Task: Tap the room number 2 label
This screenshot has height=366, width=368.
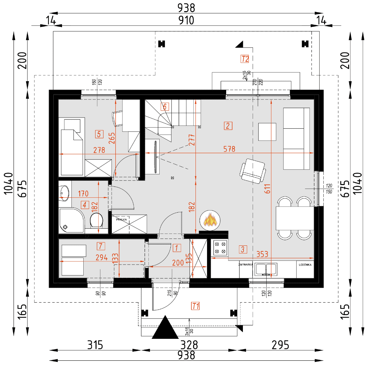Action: (228, 126)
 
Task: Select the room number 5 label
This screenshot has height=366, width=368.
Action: (99, 134)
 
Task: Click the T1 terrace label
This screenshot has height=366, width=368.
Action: (195, 306)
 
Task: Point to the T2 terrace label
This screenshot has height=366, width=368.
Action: (245, 59)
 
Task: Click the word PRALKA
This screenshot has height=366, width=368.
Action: (121, 220)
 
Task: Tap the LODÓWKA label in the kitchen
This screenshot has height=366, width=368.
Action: (305, 265)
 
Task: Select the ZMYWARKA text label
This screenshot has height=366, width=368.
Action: (245, 265)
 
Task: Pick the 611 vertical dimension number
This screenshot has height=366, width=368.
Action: (267, 189)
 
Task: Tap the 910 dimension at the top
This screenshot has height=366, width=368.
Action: (186, 21)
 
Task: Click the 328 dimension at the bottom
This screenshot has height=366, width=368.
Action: (190, 345)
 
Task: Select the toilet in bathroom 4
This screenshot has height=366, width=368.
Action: (97, 221)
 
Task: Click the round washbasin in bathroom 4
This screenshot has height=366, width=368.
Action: (64, 192)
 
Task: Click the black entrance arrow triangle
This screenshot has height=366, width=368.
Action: (165, 328)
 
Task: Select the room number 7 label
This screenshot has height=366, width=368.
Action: (100, 246)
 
